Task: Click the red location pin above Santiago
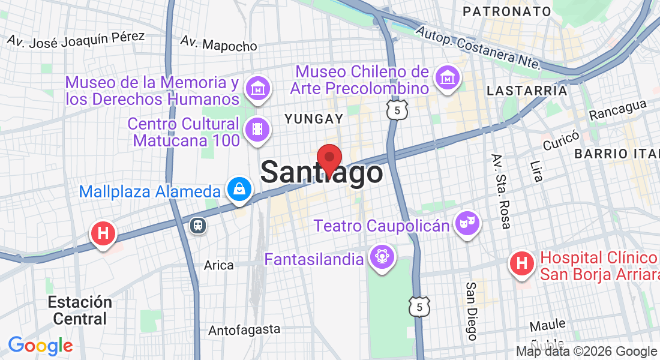329,160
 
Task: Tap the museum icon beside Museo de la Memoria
257,87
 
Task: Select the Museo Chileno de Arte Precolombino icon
448,77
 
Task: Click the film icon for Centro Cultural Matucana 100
257,129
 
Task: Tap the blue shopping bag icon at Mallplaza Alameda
239,189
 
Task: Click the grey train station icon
198,225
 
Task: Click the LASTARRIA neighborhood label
527,91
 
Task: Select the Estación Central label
80,310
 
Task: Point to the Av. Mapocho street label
219,44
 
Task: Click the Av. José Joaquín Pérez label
76,38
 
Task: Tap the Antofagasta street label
244,329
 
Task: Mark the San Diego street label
472,311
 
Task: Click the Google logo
40,346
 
